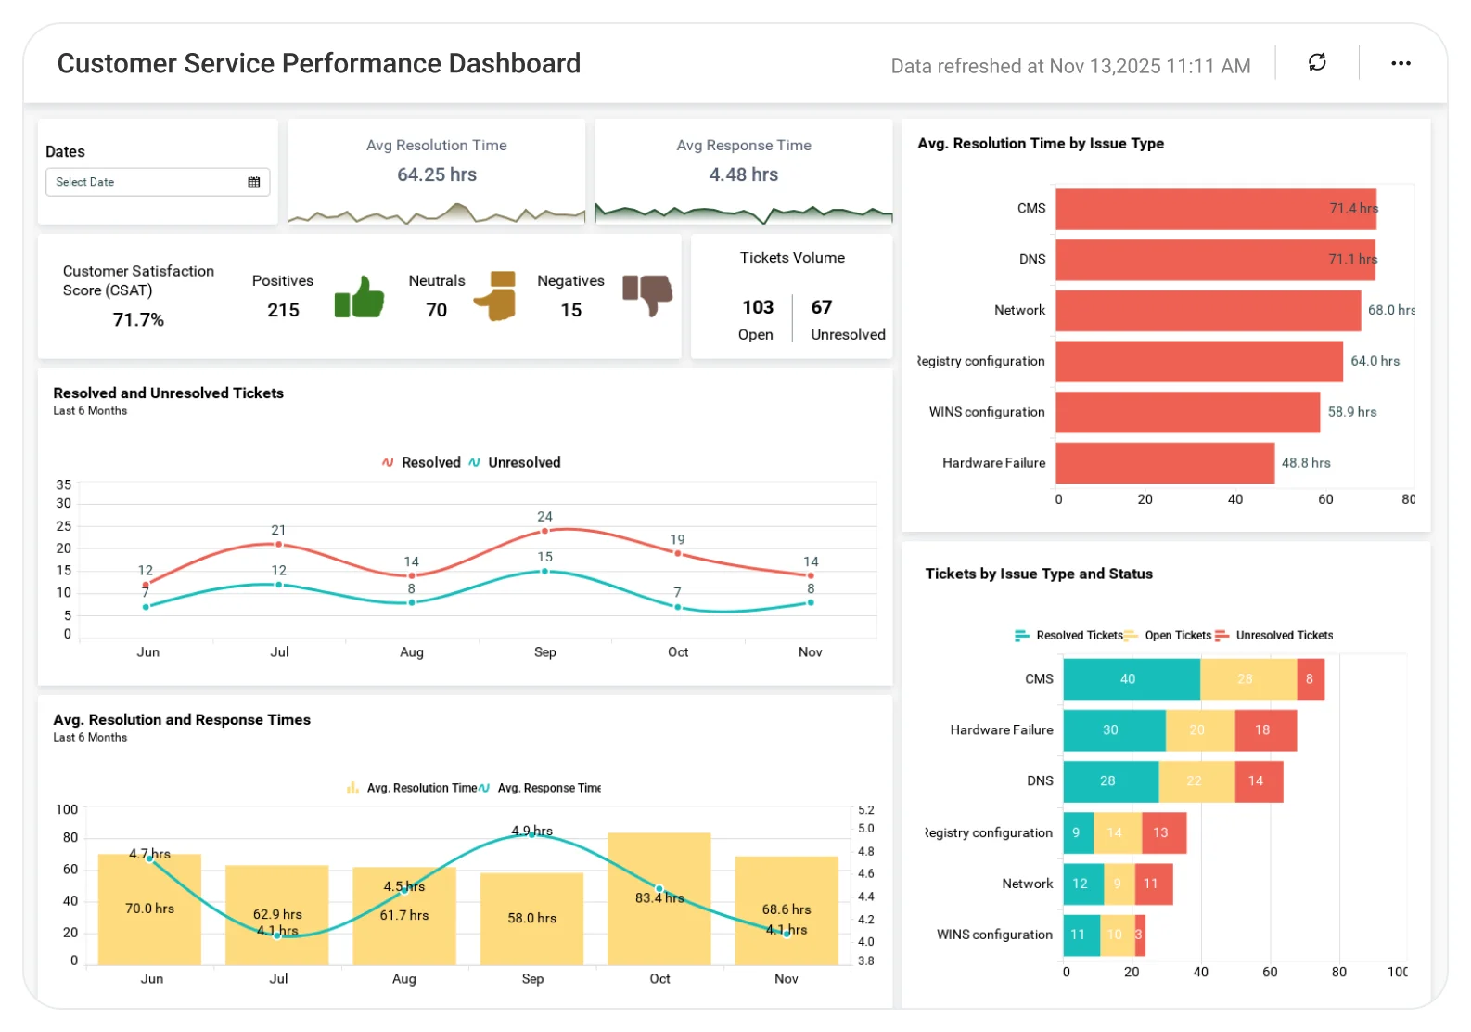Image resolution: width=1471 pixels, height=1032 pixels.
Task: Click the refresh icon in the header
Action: tap(1317, 63)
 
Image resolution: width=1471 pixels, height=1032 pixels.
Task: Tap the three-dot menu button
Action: tap(1401, 63)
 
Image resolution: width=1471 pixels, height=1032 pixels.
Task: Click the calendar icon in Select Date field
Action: tap(253, 182)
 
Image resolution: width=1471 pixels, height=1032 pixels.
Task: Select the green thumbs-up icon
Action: tap(359, 297)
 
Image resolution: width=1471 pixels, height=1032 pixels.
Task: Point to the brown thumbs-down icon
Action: tap(647, 295)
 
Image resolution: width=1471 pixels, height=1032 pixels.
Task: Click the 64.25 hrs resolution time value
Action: tap(437, 174)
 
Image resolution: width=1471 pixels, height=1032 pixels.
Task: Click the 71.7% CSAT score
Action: tap(138, 319)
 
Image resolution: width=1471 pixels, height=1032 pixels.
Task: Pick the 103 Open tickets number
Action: tap(757, 307)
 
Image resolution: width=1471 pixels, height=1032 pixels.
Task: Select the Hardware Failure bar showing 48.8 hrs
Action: tap(1165, 463)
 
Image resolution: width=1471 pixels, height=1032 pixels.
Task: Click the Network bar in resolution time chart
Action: tap(1208, 310)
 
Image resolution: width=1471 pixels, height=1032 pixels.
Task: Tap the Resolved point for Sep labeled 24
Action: tap(544, 531)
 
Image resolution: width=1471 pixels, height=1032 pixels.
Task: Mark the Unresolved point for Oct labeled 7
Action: tap(678, 607)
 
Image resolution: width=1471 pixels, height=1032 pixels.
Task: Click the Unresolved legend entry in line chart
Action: tap(515, 462)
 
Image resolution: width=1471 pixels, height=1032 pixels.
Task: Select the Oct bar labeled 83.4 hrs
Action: tap(659, 897)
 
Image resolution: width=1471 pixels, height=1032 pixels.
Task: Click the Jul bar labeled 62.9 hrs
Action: tap(277, 914)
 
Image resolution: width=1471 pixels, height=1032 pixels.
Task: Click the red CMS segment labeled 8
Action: tap(1310, 679)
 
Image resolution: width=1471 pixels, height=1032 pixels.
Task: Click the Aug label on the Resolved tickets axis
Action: tap(412, 652)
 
